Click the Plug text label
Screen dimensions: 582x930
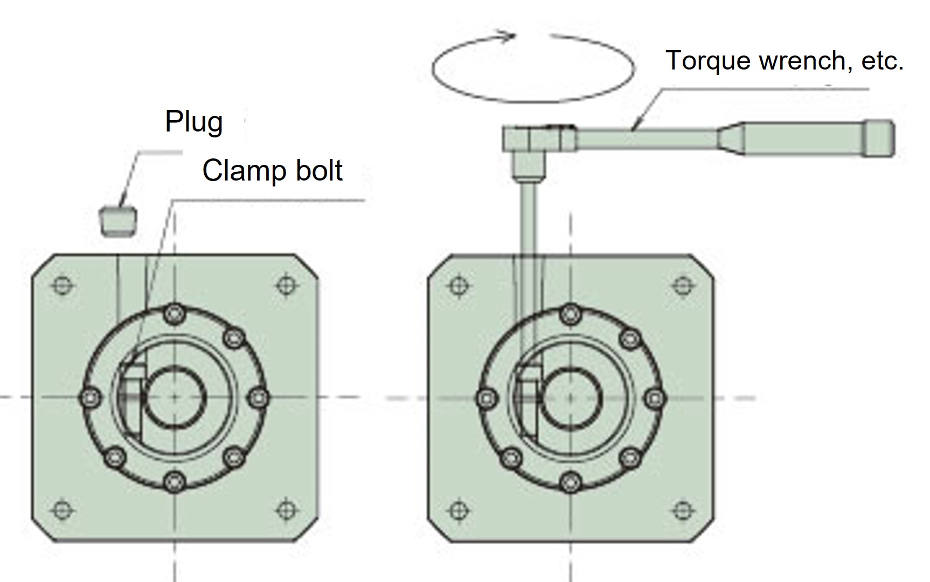[194, 122]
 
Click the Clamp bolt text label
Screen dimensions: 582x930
[272, 171]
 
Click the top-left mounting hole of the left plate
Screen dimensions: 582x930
[63, 285]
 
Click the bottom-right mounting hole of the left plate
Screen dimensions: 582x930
[286, 509]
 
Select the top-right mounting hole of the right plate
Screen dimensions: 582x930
[683, 285]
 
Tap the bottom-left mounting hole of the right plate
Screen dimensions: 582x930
[458, 509]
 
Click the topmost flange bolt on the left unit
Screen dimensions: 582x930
[173, 313]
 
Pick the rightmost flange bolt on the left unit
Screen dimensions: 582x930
[259, 398]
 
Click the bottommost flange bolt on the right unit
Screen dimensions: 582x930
[570, 481]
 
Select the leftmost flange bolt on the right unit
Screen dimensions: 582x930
[487, 398]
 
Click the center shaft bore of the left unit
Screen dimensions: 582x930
[175, 397]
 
